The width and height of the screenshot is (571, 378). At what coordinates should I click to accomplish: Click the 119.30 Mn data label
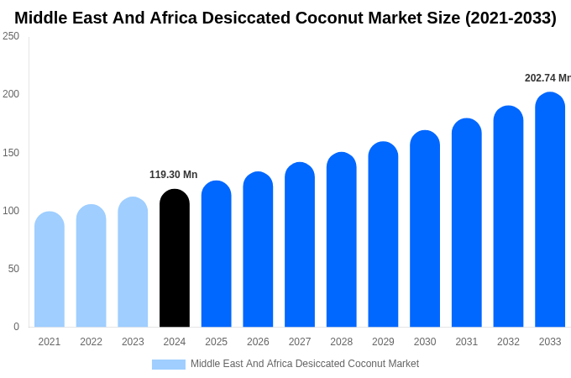click(173, 175)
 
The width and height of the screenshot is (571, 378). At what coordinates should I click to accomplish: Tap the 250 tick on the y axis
click(11, 36)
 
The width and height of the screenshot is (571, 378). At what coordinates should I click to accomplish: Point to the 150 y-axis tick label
click(11, 153)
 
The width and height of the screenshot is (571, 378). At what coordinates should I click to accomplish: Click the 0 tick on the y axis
click(16, 327)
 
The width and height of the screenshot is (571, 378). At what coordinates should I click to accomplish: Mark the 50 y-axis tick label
click(13, 269)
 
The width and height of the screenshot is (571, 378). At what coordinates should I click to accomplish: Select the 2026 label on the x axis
click(258, 342)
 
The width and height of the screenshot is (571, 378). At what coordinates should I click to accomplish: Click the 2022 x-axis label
click(91, 342)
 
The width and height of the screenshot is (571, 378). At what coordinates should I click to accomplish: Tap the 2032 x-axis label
click(508, 342)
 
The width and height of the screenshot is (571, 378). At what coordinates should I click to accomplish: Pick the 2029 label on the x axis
click(383, 342)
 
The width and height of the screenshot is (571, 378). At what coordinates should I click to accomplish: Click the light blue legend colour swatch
click(168, 365)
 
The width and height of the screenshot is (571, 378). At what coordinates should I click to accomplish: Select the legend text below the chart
click(304, 364)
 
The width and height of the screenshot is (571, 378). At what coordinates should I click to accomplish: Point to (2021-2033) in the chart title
click(511, 18)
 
